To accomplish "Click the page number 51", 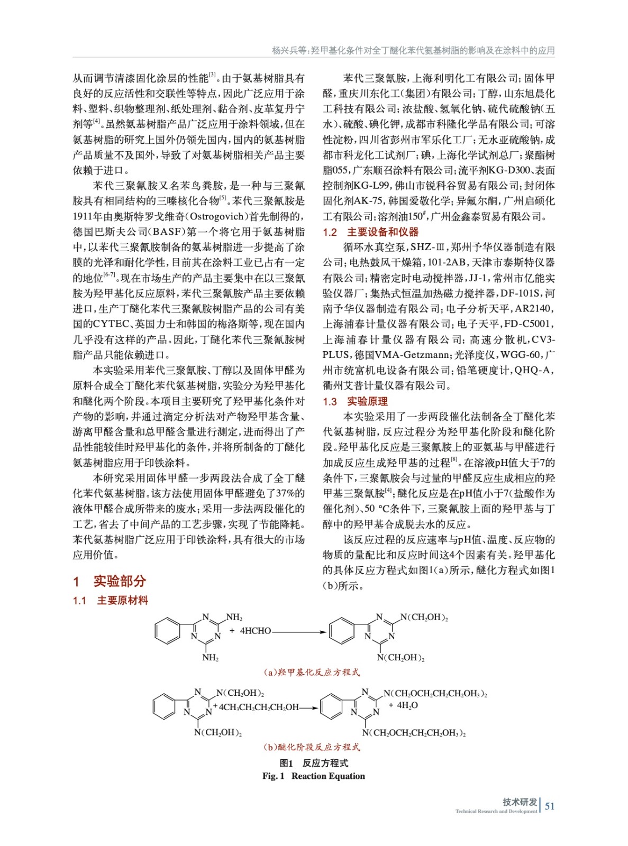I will click(x=550, y=806).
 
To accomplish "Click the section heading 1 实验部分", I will click(x=110, y=581).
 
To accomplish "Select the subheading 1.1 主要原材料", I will click(x=111, y=600).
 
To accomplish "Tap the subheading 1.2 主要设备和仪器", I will click(x=370, y=232).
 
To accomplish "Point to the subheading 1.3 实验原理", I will click(x=355, y=401).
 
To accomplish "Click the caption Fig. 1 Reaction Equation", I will click(x=313, y=776).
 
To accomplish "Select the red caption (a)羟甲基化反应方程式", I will click(x=312, y=672).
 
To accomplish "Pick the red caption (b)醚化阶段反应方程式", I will click(x=312, y=747).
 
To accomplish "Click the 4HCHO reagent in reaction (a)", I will click(x=255, y=631).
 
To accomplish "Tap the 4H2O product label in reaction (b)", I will click(x=403, y=705).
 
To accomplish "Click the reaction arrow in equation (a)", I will click(x=299, y=631).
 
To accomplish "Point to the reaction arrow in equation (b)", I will click(x=308, y=707).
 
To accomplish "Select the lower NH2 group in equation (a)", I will click(x=210, y=658).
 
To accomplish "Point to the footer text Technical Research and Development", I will click(x=496, y=811).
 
